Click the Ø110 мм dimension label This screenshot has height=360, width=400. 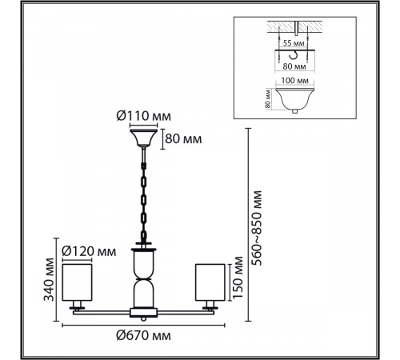pyautogui.click(x=144, y=116)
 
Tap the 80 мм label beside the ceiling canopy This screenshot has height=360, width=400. pyautogui.click(x=183, y=139)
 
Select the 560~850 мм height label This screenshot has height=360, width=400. pyautogui.click(x=257, y=228)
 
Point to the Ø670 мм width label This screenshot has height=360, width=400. pyautogui.click(x=143, y=335)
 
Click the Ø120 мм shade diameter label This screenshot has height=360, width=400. pyautogui.click(x=89, y=251)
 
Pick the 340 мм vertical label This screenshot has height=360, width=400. pyautogui.click(x=49, y=279)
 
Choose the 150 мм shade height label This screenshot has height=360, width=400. pyautogui.click(x=238, y=278)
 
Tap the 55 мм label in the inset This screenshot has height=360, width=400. pyautogui.click(x=294, y=43)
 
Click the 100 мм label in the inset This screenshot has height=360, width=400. pyautogui.click(x=295, y=80)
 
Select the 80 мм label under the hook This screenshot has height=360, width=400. pyautogui.click(x=294, y=66)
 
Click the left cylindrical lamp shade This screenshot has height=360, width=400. pyautogui.click(x=77, y=282)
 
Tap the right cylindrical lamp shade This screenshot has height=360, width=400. pyautogui.click(x=210, y=282)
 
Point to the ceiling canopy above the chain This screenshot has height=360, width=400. pyautogui.click(x=143, y=138)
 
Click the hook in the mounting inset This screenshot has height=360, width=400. pyautogui.click(x=294, y=55)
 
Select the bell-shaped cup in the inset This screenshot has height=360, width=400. pyautogui.click(x=294, y=99)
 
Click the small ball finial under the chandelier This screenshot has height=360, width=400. pyautogui.click(x=143, y=318)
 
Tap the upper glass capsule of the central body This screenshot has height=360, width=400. pyautogui.click(x=143, y=265)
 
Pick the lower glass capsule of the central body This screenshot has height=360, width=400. pyautogui.click(x=143, y=293)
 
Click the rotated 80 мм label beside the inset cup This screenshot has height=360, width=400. pyautogui.click(x=268, y=99)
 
